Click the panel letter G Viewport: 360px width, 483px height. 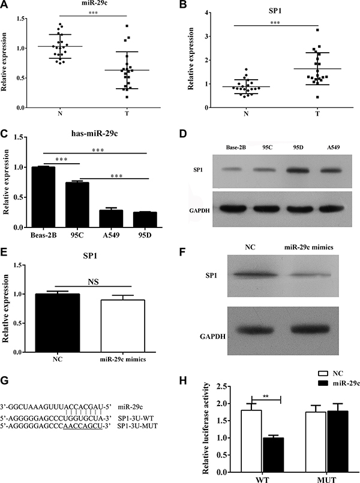click(4, 381)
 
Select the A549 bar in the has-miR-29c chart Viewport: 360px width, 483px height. click(110, 218)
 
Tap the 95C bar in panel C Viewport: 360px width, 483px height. click(77, 205)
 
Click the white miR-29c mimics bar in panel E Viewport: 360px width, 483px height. click(123, 326)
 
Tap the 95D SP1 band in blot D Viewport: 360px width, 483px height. click(298, 170)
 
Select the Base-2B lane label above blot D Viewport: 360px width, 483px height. click(236, 147)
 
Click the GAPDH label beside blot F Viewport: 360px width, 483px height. click(212, 337)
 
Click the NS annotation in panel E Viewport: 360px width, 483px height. click(94, 281)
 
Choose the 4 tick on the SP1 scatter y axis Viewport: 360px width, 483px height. click(206, 13)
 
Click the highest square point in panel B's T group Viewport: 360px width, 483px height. click(317, 30)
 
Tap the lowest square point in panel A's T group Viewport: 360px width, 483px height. click(127, 97)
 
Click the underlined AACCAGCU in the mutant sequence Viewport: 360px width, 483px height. click(83, 426)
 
